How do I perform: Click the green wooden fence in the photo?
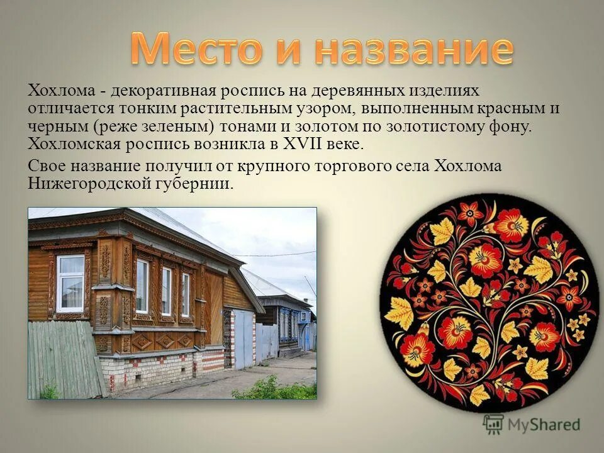point(63,359)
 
